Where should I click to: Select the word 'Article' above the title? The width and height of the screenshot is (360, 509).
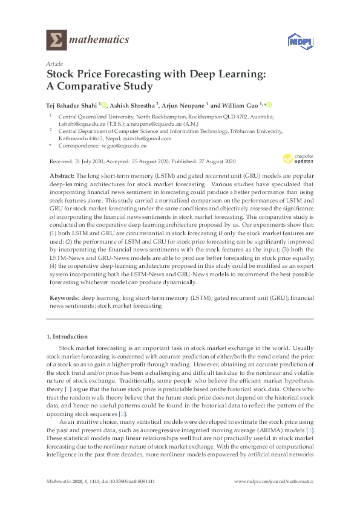54,63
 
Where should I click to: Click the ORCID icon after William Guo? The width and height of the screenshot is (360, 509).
269,104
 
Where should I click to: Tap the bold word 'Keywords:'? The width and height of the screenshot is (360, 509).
64,298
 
